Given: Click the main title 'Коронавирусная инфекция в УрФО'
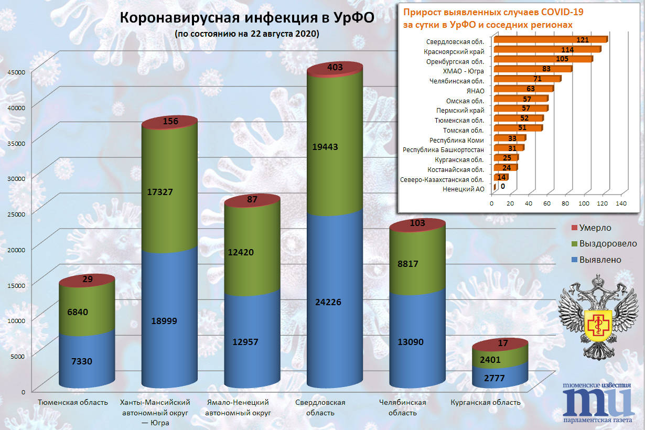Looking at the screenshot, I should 247,18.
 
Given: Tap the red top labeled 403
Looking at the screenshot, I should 335,68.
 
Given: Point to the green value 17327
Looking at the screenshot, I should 171,192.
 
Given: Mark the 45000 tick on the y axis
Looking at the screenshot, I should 16,73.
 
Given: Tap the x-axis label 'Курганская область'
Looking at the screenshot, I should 486,403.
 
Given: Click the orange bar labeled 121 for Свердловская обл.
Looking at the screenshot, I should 550,40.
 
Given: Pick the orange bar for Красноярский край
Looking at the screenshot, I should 545,50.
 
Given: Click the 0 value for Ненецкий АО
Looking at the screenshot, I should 502,186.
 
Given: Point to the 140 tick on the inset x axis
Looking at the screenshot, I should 621,203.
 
